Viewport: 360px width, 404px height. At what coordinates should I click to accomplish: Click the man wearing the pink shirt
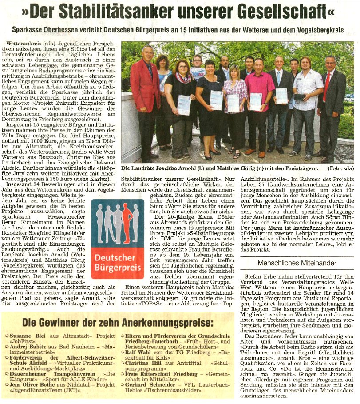pos(259,102)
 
